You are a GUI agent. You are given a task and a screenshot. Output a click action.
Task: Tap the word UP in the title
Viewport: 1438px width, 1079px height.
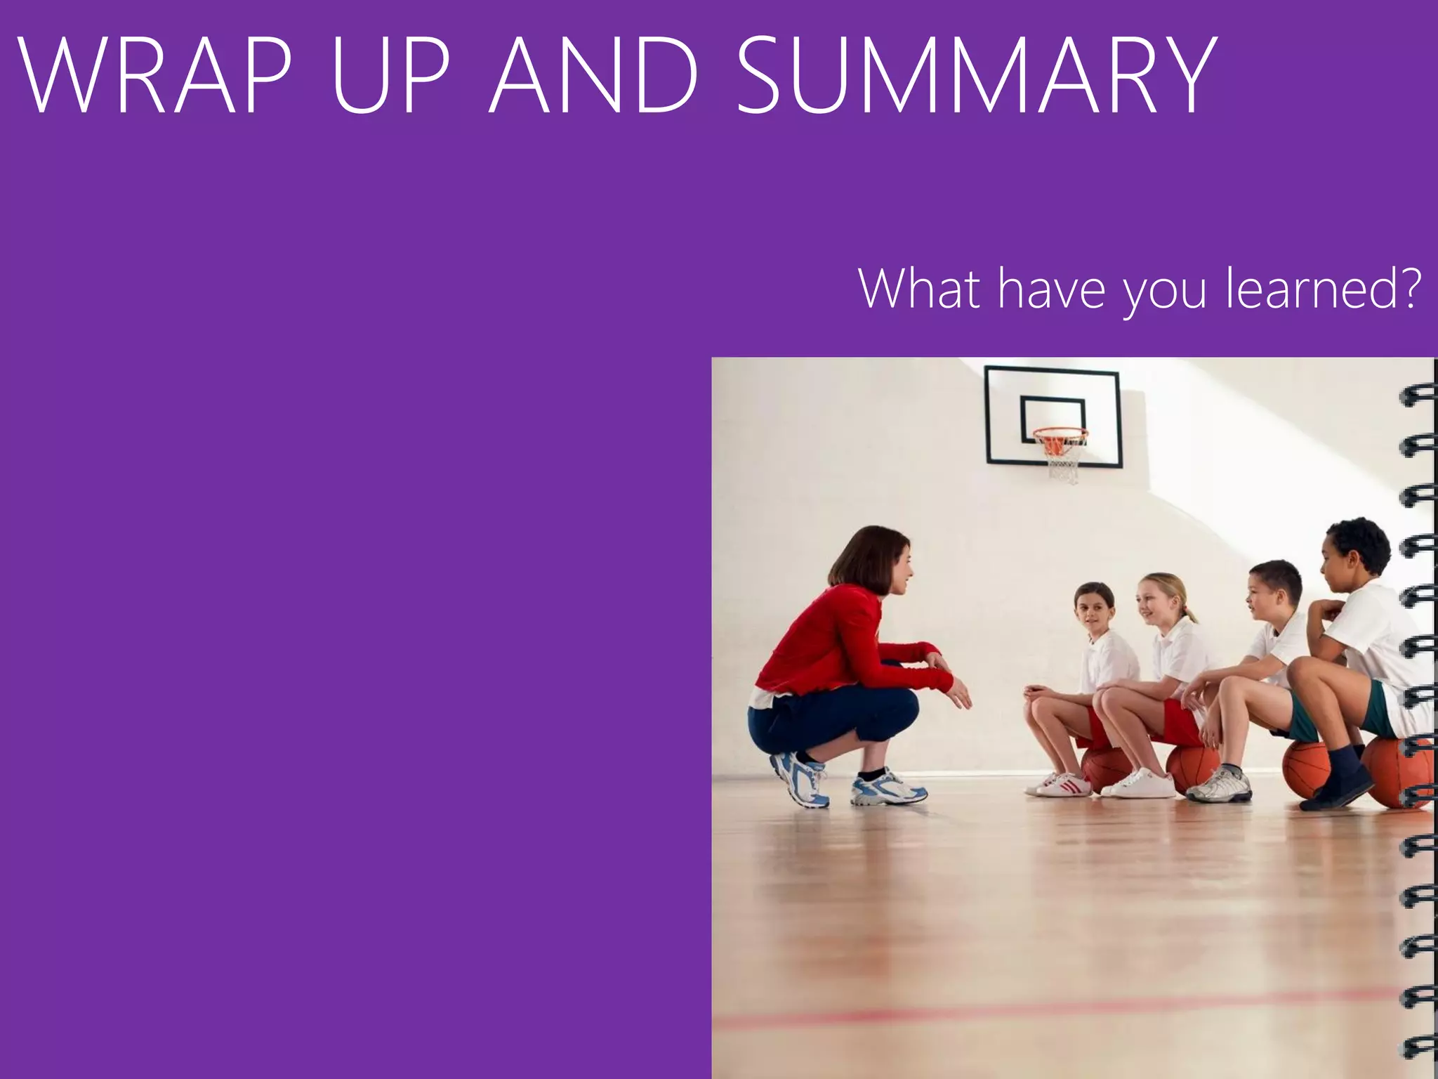pyautogui.click(x=390, y=76)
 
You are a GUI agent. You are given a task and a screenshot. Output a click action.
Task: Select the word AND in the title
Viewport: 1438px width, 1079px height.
pyautogui.click(x=594, y=76)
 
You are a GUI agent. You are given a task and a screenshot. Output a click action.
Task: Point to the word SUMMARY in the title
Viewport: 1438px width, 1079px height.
pyautogui.click(x=976, y=76)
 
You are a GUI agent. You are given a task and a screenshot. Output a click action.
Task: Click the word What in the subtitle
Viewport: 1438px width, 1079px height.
pyautogui.click(x=919, y=289)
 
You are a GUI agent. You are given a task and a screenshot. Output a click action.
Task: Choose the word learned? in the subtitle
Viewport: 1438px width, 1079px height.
pyautogui.click(x=1323, y=289)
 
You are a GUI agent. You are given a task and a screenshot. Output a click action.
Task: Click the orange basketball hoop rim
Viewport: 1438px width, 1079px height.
pyautogui.click(x=1060, y=433)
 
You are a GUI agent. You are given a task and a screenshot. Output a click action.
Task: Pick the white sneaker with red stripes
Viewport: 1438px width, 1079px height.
pyautogui.click(x=1060, y=784)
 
